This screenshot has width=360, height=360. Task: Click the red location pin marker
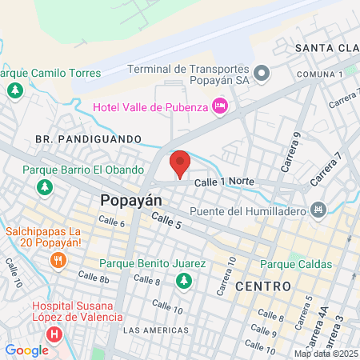(180, 164)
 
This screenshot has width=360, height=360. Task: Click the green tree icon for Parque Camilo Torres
(14, 90)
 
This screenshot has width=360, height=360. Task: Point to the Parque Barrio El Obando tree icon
(45, 187)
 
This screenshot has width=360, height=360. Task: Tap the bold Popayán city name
(131, 201)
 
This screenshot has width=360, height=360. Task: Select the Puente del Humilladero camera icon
(319, 210)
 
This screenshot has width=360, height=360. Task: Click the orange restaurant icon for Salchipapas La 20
(57, 260)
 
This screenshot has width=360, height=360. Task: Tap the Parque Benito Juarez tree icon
(185, 280)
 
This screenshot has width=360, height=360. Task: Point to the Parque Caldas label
(297, 263)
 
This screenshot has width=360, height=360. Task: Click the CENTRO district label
(262, 286)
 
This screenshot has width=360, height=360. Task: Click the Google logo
(26, 350)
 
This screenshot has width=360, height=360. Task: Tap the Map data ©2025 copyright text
(326, 354)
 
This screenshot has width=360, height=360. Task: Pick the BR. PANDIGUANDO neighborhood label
(87, 138)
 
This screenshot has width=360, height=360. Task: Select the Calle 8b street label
(93, 276)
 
